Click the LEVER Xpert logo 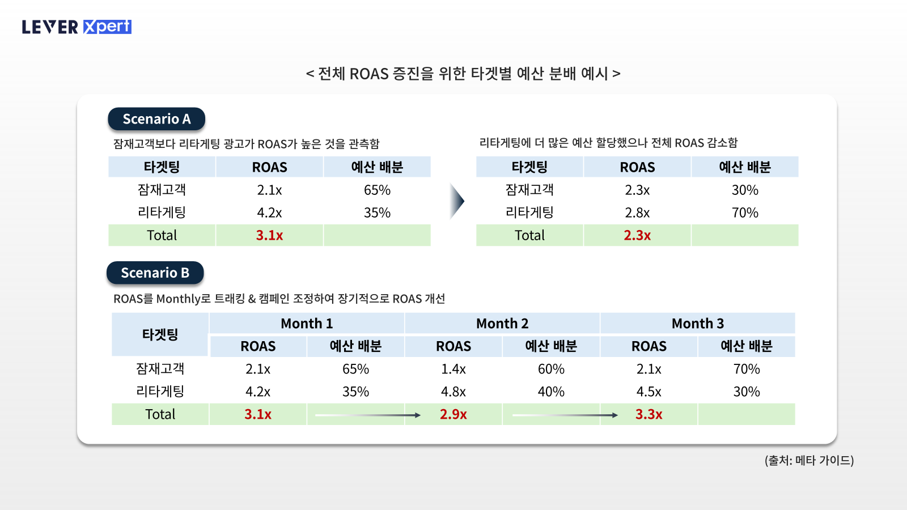point(77,27)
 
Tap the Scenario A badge point(156,119)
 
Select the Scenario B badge point(155,273)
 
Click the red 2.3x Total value point(637,235)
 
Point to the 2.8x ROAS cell point(637,212)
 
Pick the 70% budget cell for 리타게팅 point(745,212)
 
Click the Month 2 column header point(502,324)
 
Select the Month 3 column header point(698,324)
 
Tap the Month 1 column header point(307,324)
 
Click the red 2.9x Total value point(453,414)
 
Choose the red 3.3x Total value point(649,414)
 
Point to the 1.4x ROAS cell point(453,369)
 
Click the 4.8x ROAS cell point(453,392)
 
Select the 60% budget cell point(551,369)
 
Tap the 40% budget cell point(551,392)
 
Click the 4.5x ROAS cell point(649,392)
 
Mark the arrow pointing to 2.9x point(368,415)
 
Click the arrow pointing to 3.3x point(565,415)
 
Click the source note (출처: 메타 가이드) point(809,460)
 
